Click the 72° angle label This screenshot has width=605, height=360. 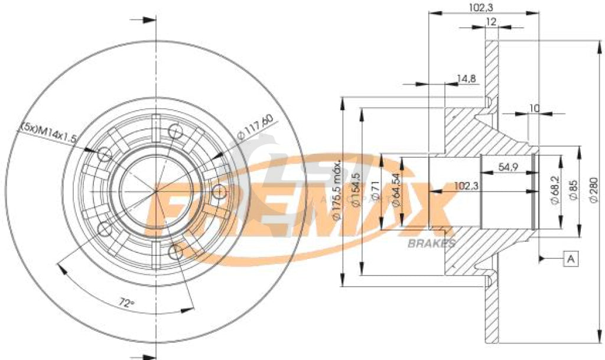pos(125,303)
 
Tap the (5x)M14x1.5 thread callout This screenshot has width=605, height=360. pos(50,132)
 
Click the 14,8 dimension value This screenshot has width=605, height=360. pos(466,78)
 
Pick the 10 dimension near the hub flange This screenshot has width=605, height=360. pos(535,108)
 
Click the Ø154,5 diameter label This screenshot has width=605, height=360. pos(354,191)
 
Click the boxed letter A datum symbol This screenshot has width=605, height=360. pos(571,259)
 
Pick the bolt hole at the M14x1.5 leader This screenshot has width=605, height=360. pos(104,155)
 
